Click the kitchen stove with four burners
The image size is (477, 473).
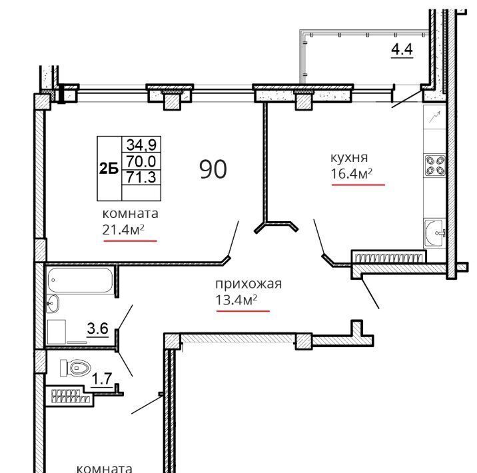coord(435,166)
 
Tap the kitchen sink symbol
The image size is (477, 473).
coord(435,233)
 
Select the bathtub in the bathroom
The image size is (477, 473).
coord(81,280)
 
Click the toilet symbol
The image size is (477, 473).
coord(75,368)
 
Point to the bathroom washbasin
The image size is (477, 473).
coord(53,304)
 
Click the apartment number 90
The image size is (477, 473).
coord(213,169)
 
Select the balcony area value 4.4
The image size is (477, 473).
coord(402,49)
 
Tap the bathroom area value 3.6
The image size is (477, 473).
coord(98,328)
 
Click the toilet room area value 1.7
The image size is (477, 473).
coord(102,379)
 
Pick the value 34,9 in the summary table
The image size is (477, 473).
coord(141,145)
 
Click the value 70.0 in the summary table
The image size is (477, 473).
coord(141,161)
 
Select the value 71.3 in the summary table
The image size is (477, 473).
coord(141,177)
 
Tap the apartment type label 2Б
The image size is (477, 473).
coord(109,168)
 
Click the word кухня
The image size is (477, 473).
coord(349,158)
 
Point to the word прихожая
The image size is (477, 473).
coord(248,284)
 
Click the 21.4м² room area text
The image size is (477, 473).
coord(123,230)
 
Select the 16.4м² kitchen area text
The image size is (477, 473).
coord(352,174)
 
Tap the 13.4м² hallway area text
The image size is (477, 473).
coord(237,300)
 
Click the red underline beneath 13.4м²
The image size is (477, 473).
coord(243,311)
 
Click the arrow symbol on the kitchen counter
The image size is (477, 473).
coord(435,117)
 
